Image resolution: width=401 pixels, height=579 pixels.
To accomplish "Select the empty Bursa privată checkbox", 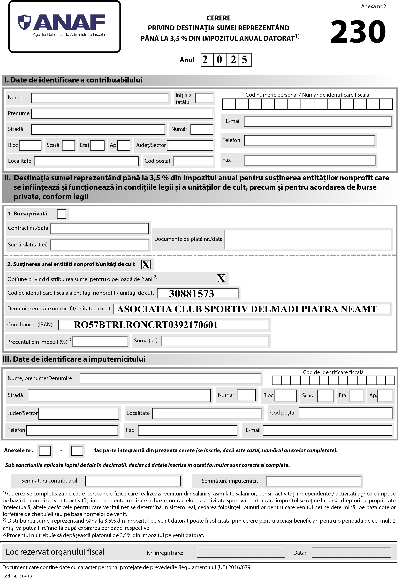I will [x=62, y=214].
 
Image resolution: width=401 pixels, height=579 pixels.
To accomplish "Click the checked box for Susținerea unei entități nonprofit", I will [x=146, y=264].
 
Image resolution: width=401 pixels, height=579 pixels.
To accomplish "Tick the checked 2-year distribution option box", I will [x=221, y=278].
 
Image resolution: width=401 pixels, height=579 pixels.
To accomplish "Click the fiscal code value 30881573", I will [x=191, y=294].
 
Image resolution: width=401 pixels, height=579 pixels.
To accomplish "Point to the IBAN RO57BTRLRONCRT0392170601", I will [x=146, y=325].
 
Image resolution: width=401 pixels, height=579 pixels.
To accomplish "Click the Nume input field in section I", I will [x=100, y=98].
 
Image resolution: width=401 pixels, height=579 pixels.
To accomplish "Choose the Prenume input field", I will [x=122, y=114].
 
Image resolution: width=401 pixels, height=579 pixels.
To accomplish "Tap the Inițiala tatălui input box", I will [x=204, y=98].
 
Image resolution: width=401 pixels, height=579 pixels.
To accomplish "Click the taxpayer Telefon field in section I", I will [x=309, y=140].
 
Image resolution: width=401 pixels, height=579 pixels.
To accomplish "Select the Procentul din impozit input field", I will [x=100, y=341].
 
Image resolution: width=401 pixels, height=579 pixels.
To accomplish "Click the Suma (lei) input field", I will [x=215, y=341].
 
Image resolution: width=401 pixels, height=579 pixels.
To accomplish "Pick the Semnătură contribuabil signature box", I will [x=133, y=481].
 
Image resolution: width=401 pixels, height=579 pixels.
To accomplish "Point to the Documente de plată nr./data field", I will [x=308, y=239].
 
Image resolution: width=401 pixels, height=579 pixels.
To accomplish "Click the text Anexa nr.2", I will [x=373, y=6].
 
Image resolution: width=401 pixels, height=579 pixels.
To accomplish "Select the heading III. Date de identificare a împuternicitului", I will [x=74, y=359].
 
